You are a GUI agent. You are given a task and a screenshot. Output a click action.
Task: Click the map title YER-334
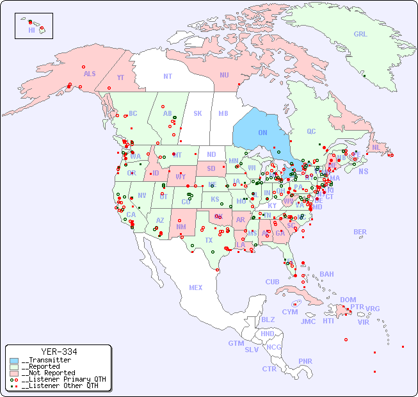(x=58, y=352)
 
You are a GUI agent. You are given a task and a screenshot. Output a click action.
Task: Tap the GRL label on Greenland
(x=360, y=35)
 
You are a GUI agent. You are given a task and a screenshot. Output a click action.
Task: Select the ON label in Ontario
(x=262, y=133)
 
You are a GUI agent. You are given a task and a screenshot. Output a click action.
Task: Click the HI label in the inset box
(x=31, y=30)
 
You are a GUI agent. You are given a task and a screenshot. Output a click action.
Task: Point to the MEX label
(x=195, y=288)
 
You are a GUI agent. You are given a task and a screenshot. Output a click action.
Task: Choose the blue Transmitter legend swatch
(x=14, y=361)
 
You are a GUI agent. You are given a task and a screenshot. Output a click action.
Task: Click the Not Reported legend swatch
(x=14, y=373)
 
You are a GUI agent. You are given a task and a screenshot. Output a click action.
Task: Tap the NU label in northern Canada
(x=224, y=75)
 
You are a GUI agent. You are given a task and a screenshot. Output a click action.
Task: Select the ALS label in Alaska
(x=90, y=74)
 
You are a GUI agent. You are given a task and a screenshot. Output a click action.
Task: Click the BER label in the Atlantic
(x=360, y=232)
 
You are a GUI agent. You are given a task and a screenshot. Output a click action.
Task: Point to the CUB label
(x=272, y=282)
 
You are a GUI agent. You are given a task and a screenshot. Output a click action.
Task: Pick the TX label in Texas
(x=209, y=240)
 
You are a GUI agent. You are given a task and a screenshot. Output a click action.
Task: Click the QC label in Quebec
(x=311, y=131)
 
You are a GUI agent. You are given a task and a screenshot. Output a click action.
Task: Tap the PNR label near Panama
(x=305, y=361)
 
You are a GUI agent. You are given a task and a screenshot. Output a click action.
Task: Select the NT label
(x=167, y=76)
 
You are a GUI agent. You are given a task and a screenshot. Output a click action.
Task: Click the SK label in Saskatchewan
(x=198, y=113)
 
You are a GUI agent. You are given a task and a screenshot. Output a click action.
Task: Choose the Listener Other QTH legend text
(x=60, y=385)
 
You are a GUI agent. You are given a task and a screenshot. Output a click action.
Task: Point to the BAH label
(x=326, y=274)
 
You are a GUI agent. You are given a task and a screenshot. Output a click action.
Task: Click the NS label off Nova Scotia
(x=363, y=171)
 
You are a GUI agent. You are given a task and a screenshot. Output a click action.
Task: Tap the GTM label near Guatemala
(x=236, y=343)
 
